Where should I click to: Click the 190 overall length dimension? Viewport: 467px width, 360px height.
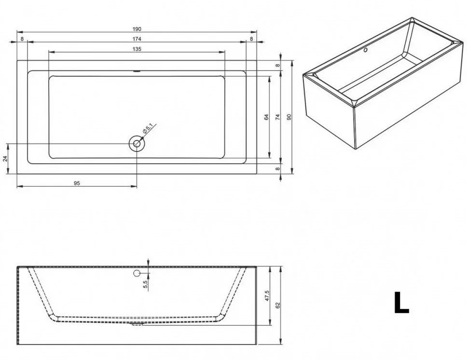(137, 29)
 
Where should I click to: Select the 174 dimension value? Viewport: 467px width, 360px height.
(137, 39)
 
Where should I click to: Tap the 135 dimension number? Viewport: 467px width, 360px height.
(137, 49)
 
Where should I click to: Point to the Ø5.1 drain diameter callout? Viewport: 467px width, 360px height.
(148, 128)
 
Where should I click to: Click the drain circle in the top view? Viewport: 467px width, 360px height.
(137, 144)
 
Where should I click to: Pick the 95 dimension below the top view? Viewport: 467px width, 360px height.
(77, 183)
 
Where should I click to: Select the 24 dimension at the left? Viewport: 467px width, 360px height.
(5, 159)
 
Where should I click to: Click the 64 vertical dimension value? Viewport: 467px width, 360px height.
(267, 117)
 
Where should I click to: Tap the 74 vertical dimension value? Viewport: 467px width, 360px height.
(277, 117)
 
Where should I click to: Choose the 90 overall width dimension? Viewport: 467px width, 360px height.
(288, 117)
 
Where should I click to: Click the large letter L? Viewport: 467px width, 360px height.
(401, 302)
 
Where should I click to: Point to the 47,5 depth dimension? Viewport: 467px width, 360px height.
(267, 296)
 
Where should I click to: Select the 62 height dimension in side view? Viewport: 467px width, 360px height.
(278, 305)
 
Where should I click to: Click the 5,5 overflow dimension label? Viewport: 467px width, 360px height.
(145, 285)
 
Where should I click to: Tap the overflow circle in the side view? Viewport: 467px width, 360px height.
(137, 273)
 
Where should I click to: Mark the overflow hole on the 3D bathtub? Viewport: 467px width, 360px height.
(365, 50)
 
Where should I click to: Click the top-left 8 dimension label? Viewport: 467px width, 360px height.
(22, 39)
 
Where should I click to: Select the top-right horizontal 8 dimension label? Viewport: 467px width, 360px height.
(251, 39)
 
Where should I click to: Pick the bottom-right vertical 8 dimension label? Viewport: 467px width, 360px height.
(277, 169)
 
